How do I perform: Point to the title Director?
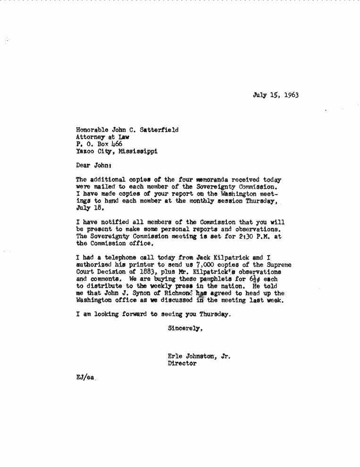click(x=182, y=364)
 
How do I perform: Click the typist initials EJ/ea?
click(x=85, y=378)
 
